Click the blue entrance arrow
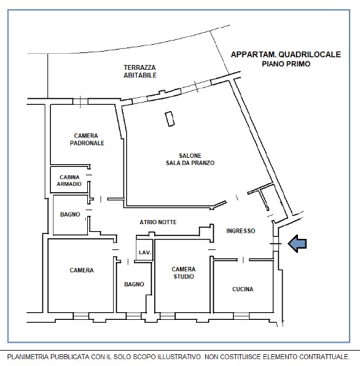coord(297,244)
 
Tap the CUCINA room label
coord(243,289)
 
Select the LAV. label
coord(145,253)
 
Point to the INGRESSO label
coord(241,231)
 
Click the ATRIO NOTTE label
coord(158,222)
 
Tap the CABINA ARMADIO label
coord(69,181)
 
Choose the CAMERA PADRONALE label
coord(87,140)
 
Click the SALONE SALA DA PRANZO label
coord(190,159)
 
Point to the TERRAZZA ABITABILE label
coord(140,71)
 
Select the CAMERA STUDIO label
coord(183,273)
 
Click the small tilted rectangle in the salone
coord(170,119)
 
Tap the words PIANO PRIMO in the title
coord(286,64)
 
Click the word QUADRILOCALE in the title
coord(310,54)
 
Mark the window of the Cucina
coord(241,316)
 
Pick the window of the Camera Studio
coord(167,316)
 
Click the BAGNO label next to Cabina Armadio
coord(70,214)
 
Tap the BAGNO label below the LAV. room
coord(134,284)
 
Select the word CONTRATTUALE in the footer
coord(324,357)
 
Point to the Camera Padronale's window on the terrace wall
coord(80,101)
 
